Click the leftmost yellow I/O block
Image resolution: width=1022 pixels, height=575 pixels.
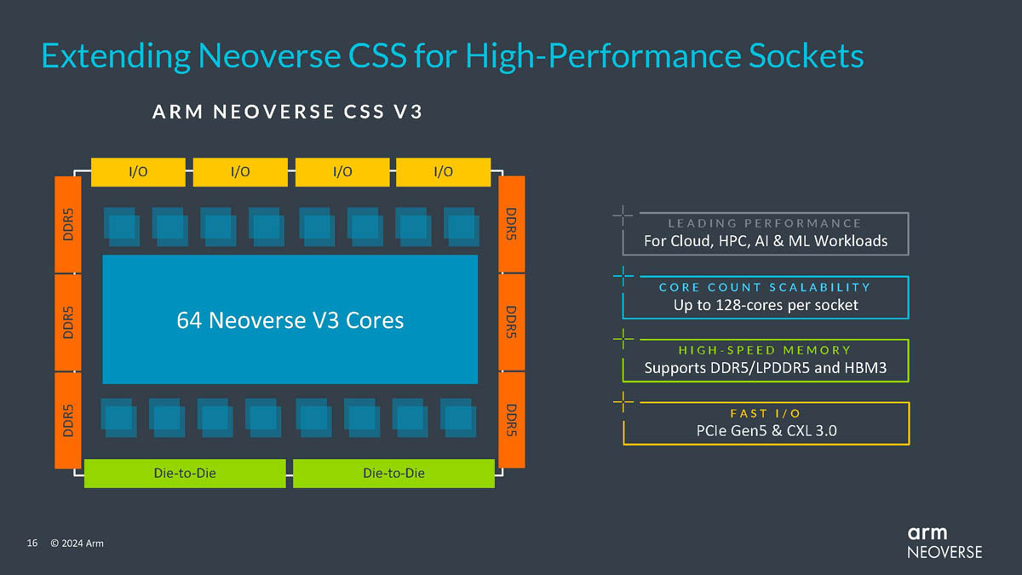[137, 172]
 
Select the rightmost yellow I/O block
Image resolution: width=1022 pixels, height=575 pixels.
[443, 172]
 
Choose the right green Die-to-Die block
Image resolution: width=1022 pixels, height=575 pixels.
[393, 473]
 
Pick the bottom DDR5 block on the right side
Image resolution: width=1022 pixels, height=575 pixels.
[512, 419]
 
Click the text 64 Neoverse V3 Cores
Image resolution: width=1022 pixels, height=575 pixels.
[290, 320]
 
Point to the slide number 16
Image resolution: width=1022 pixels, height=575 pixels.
[32, 543]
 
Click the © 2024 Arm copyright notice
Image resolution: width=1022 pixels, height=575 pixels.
[77, 543]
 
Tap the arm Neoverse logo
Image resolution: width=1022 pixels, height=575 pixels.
[944, 542]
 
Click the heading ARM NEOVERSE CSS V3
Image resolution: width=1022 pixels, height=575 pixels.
[287, 112]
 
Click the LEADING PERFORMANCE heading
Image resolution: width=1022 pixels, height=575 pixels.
[765, 223]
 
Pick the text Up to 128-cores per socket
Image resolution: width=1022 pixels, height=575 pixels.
[765, 305]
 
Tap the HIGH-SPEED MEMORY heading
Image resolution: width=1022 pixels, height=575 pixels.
[765, 350]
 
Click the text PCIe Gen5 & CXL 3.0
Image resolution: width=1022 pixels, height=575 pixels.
[765, 430]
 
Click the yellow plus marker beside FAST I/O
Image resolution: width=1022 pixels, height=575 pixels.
[623, 401]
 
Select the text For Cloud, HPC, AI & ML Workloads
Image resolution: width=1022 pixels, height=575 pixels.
[765, 241]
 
